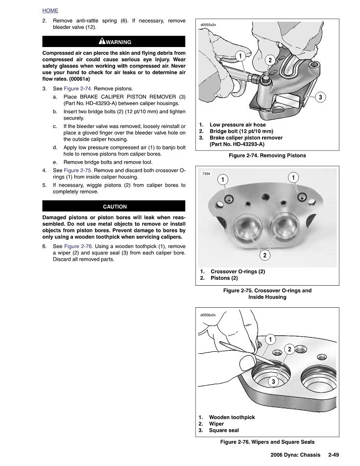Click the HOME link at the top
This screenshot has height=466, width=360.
tap(50, 10)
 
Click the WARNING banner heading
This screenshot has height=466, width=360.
tap(114, 42)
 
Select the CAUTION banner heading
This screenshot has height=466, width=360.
tap(114, 207)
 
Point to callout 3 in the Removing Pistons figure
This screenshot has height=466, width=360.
tap(320, 97)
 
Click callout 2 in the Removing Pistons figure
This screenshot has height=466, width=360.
tap(270, 60)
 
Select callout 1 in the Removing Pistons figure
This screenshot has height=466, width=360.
tap(240, 56)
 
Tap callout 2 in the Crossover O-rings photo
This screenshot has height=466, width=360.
tap(264, 255)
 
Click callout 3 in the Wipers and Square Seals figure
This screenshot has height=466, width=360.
tap(274, 381)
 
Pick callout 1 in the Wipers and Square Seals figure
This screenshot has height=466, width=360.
tap(270, 340)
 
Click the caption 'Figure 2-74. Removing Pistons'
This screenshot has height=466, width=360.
tap(267, 155)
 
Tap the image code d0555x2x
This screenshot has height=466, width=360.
tap(208, 24)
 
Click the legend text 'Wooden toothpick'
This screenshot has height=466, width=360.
tap(232, 417)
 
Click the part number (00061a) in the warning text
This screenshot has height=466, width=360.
tap(76, 78)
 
